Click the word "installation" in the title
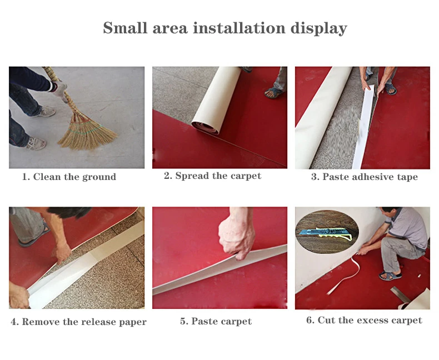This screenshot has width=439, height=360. pos(239,28)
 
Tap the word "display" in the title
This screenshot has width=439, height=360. pos(318,28)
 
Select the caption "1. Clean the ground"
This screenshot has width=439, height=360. pos(69,177)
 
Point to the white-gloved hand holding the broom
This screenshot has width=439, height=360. pos(61,88)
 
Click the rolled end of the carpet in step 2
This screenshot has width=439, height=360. pos(205,127)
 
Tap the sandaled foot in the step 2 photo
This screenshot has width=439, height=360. pos(273,93)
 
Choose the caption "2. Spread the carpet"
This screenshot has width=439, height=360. pos(212,176)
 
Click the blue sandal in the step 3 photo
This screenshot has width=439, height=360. pos(391,89)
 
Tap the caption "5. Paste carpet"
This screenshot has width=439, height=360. pos(216,321)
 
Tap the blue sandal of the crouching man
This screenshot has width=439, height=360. pos(390,276)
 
